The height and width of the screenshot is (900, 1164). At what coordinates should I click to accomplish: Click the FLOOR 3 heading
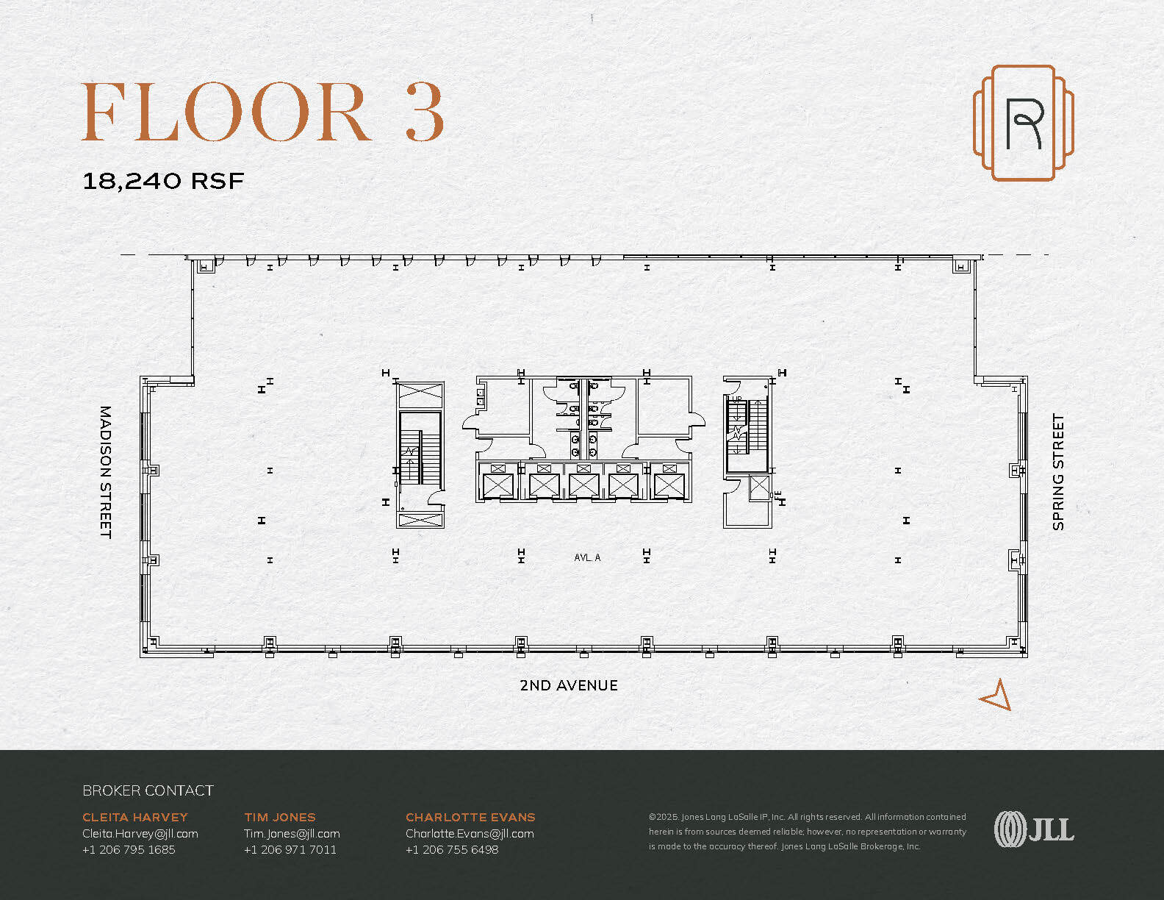click(262, 112)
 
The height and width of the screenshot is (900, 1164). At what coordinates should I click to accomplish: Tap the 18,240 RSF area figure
click(163, 181)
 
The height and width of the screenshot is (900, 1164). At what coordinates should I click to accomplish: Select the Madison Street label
click(106, 472)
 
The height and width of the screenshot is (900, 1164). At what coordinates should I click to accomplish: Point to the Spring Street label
click(1058, 472)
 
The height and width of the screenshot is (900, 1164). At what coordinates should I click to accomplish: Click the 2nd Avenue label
click(569, 685)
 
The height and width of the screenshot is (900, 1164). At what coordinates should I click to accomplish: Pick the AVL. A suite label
click(587, 557)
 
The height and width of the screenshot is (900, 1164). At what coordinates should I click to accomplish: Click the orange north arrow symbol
click(997, 696)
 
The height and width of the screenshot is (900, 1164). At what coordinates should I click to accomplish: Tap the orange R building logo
click(1023, 123)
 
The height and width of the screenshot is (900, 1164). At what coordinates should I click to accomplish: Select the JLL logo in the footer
click(1034, 829)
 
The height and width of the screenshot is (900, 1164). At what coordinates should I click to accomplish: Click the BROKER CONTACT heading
click(148, 790)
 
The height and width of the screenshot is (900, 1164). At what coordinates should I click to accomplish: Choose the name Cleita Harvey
click(135, 818)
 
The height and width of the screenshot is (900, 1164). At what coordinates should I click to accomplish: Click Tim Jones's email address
click(292, 834)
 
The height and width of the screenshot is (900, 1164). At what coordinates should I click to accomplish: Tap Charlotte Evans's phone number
click(452, 850)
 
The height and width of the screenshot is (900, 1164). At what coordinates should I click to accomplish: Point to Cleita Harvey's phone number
click(129, 850)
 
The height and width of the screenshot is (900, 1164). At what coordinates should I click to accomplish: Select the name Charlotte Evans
click(470, 818)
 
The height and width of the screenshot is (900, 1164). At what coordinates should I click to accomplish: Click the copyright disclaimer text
click(808, 832)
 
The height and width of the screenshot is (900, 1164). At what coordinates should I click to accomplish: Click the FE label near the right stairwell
click(778, 495)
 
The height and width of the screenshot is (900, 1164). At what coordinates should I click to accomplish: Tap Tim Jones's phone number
click(290, 850)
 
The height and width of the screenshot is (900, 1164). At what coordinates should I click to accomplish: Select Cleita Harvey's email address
click(140, 834)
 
